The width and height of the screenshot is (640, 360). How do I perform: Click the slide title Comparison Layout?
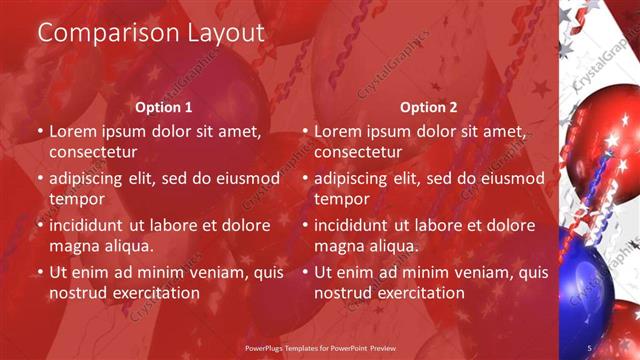point(151,32)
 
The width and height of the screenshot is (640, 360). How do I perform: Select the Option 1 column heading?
point(163,107)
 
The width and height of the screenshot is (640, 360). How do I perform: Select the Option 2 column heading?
point(428,107)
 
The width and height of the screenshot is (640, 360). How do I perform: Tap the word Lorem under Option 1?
point(73,131)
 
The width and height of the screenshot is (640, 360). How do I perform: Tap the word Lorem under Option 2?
point(339,131)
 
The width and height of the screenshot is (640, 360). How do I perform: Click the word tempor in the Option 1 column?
point(76,199)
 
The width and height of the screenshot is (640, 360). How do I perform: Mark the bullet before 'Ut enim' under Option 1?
point(40,273)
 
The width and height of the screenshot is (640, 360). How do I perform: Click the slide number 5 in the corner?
point(589,348)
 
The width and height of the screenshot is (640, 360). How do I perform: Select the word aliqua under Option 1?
point(126,246)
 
